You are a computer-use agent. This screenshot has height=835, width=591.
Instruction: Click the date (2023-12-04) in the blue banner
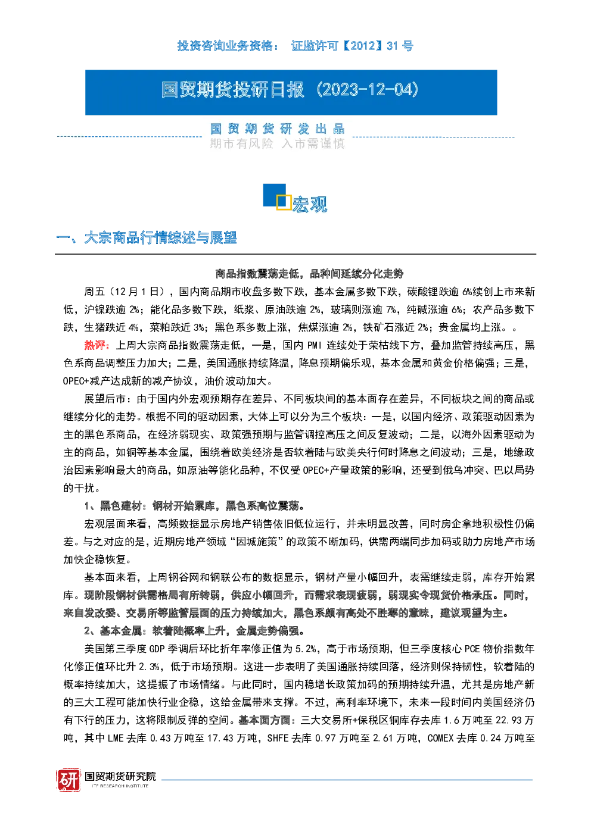pyautogui.click(x=367, y=90)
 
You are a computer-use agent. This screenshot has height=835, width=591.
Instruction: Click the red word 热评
pyautogui.click(x=97, y=345)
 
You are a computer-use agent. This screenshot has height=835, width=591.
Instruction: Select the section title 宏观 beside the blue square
pyautogui.click(x=310, y=204)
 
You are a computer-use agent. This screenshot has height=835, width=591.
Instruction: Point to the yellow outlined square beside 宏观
pyautogui.click(x=284, y=202)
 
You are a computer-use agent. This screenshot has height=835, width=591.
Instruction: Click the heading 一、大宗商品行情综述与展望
pyautogui.click(x=146, y=237)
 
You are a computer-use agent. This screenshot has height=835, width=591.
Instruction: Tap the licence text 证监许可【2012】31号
pyautogui.click(x=352, y=46)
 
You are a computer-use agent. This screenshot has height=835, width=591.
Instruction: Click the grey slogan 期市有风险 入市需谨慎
pyautogui.click(x=277, y=143)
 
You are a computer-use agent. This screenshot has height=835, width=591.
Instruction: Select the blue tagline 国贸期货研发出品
pyautogui.click(x=277, y=129)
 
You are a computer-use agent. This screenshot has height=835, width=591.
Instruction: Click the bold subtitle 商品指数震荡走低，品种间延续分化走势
pyautogui.click(x=309, y=274)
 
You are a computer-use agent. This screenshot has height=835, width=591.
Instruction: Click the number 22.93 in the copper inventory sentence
pyautogui.click(x=508, y=720)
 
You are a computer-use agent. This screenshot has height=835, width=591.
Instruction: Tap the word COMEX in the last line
pyautogui.click(x=440, y=738)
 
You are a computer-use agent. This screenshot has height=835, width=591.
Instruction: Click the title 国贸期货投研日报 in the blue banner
pyautogui.click(x=233, y=90)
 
